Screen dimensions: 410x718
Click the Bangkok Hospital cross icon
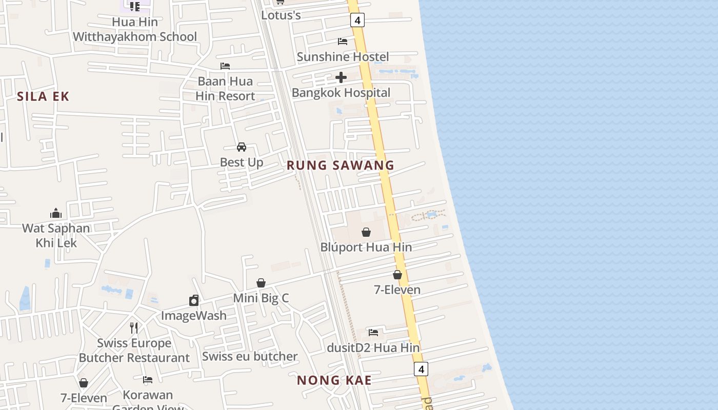[341, 77]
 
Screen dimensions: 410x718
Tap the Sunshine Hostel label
[343, 56]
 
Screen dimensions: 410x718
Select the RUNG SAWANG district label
[341, 165]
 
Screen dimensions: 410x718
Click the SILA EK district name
[43, 96]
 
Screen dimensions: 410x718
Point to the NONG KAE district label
[334, 380]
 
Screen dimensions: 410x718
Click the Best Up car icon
[242, 147]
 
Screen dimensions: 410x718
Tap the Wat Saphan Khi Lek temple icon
[56, 213]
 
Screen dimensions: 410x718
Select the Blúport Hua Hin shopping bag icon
[366, 232]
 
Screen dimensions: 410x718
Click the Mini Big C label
[261, 298]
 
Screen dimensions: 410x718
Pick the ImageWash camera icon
[194, 300]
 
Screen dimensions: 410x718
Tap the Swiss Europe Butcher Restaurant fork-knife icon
[134, 327]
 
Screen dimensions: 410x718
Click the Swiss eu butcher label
[250, 356]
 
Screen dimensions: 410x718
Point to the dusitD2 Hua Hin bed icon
[373, 333]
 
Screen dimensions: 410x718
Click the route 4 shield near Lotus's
[357, 20]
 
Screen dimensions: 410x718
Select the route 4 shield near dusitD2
[421, 368]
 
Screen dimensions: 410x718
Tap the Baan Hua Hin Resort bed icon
[225, 66]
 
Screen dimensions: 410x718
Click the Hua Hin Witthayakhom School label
[135, 29]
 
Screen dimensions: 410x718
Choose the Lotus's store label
[281, 15]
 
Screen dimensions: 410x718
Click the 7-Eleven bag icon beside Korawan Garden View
[84, 383]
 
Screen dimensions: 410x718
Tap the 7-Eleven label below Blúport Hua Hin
[397, 290]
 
